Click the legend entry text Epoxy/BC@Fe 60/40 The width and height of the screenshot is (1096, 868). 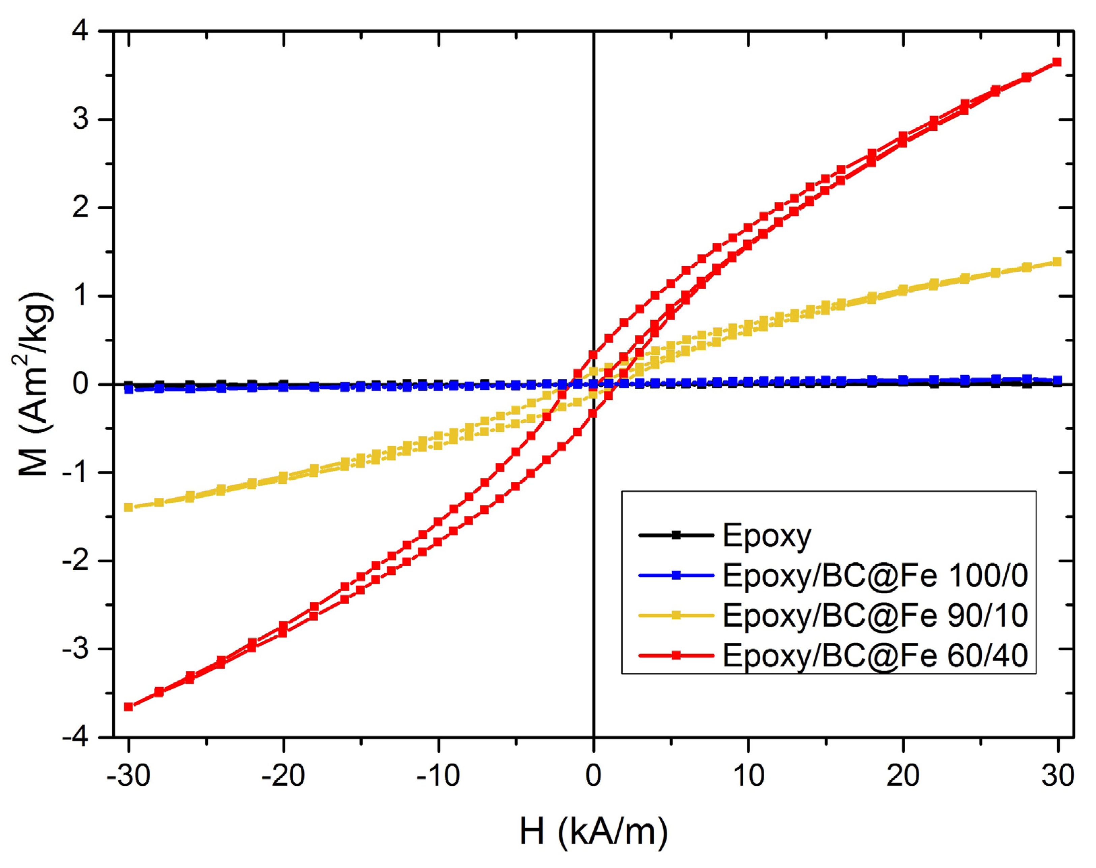pyautogui.click(x=875, y=656)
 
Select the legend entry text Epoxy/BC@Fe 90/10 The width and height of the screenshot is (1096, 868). pyautogui.click(x=875, y=616)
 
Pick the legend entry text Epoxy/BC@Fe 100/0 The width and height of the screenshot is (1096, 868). pyautogui.click(x=875, y=575)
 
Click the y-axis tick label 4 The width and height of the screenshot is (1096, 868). pyautogui.click(x=81, y=31)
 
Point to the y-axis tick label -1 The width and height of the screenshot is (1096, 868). pyautogui.click(x=75, y=473)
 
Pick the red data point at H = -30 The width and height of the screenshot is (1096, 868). pyautogui.click(x=128, y=707)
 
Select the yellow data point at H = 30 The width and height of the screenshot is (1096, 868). pyautogui.click(x=1057, y=262)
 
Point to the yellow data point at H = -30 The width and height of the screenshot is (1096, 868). pyautogui.click(x=128, y=507)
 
